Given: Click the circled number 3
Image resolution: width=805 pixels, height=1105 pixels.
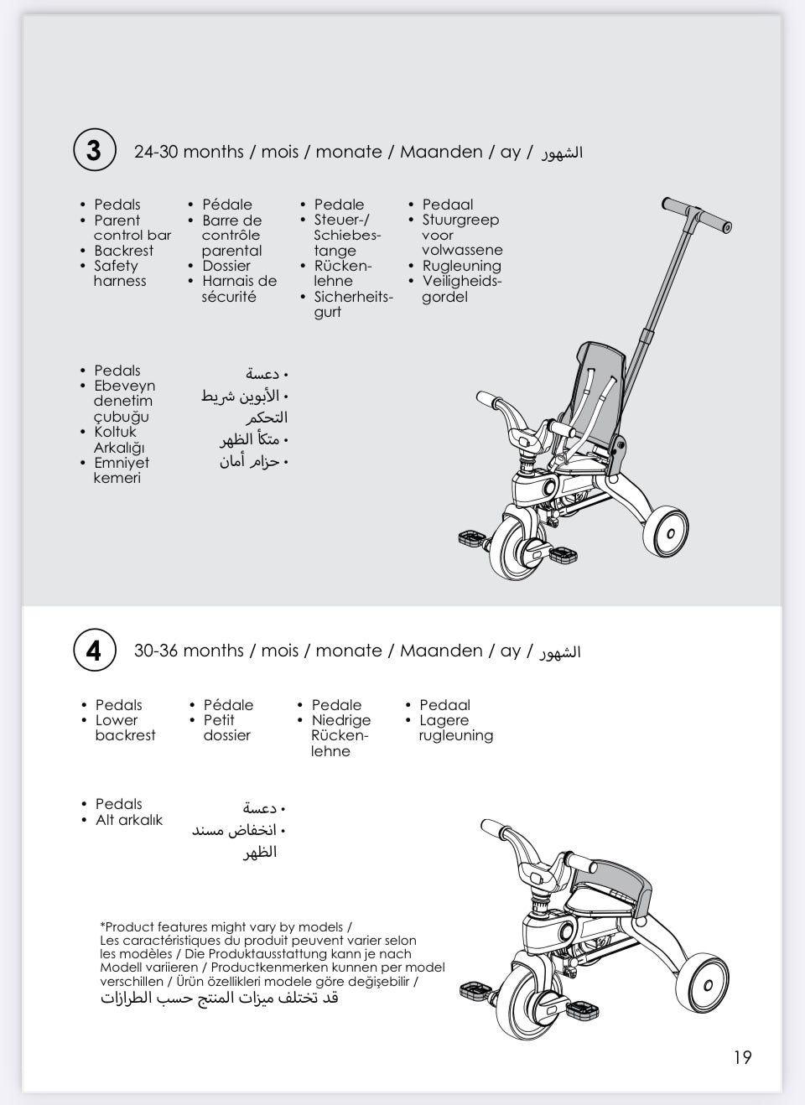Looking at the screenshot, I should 93,151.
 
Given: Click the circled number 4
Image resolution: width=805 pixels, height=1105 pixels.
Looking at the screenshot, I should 93,650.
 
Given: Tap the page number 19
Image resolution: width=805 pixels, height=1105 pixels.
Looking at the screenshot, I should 742,1057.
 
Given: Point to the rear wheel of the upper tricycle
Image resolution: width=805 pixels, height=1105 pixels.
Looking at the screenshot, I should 667,530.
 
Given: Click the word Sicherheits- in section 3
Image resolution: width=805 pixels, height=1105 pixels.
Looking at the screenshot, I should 353,297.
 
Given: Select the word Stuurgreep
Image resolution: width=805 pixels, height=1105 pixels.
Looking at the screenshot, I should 460,220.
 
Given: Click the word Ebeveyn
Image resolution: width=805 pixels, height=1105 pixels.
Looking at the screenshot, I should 125,386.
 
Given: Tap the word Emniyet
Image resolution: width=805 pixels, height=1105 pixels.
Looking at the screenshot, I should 122,463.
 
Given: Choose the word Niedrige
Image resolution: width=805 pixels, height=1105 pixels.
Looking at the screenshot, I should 340,720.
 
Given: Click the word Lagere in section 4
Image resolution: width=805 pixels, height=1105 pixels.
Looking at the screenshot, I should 444,720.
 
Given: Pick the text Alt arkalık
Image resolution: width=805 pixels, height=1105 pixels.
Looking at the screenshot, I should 129,820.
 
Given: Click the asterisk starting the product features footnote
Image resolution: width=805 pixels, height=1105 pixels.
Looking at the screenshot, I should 102,926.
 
